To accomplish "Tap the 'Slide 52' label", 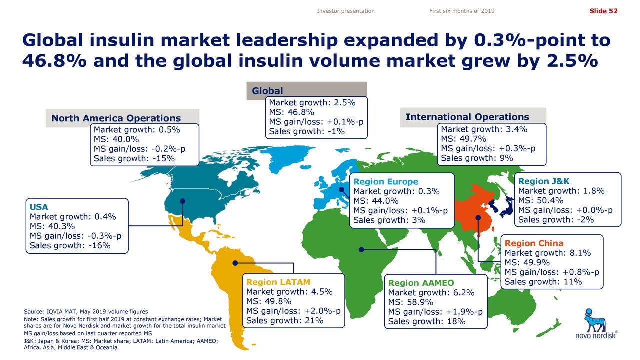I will [603, 11].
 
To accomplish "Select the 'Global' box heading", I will [267, 91].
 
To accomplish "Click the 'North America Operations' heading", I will [116, 119].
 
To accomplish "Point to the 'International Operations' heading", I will [467, 117].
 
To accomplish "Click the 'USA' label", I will [39, 207].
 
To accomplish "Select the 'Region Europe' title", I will [385, 182].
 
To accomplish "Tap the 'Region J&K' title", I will [544, 181].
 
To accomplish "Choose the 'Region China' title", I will [534, 243].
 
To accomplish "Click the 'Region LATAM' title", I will [278, 282].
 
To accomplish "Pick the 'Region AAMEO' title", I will [421, 283].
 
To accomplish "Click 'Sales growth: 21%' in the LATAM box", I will [285, 321].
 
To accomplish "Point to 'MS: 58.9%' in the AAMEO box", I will [410, 302].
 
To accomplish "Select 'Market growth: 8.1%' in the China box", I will [548, 253].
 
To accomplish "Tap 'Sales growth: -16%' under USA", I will [70, 245].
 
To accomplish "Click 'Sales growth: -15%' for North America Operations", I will [134, 159].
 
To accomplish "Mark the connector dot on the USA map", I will [183, 201].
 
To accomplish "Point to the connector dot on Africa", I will [361, 249].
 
